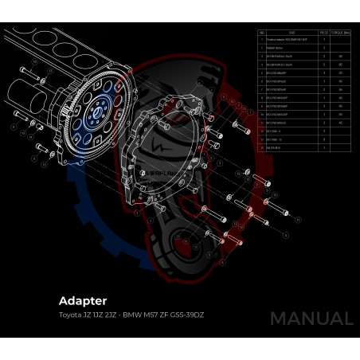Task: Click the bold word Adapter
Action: (83, 301)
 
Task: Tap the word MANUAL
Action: (311, 319)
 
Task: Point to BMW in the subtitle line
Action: (131, 316)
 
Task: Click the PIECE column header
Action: (323, 33)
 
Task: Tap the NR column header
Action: (262, 33)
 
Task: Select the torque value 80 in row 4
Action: (341, 65)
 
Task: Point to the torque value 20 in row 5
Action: (341, 73)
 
